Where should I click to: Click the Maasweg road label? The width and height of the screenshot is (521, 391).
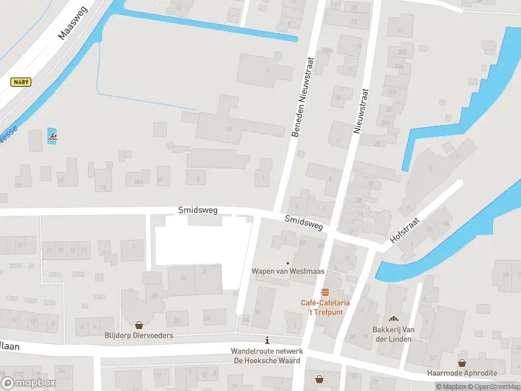coord(73,24)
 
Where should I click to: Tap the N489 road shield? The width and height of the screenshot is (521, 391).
coord(21,83)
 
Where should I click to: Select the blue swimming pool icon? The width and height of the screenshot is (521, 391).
coord(52,138)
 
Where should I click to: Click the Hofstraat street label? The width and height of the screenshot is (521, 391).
coord(406,231)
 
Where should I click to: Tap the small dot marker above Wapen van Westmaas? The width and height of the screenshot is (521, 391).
coord(287,263)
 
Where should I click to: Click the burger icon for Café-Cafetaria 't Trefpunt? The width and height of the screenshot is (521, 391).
coord(325,291)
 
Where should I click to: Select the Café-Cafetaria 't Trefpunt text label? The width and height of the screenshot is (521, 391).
coord(325,307)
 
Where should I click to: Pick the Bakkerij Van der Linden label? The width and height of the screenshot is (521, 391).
coord(393,334)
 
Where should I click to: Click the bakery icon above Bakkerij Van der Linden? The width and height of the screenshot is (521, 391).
coord(393,319)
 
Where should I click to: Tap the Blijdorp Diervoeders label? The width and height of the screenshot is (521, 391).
coord(139,336)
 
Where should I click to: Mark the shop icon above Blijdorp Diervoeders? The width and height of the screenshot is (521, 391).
coord(139,325)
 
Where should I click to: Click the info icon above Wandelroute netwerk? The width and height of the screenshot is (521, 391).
coord(266,340)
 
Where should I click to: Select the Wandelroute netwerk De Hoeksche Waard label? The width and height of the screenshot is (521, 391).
coord(266,356)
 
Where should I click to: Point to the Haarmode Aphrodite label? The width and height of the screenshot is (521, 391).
coord(462,373)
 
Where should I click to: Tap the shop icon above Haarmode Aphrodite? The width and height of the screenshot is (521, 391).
coord(462,362)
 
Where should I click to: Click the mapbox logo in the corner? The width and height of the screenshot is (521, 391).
coord(29,383)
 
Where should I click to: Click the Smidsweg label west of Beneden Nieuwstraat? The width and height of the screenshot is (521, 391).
coord(198,210)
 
